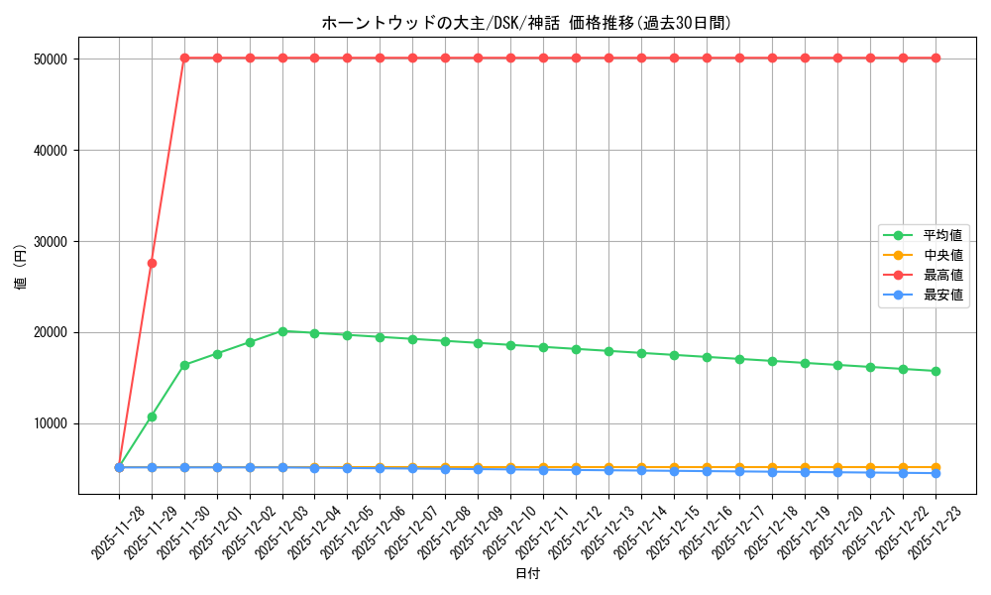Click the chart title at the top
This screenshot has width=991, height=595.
(526, 23)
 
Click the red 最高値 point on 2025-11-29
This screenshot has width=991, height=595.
(152, 263)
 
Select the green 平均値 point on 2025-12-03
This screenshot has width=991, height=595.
(282, 331)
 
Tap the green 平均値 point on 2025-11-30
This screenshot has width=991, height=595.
(184, 365)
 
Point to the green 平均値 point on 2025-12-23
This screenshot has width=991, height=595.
(936, 371)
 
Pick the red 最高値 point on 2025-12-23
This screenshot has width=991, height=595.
(936, 59)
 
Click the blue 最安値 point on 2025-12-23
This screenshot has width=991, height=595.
(936, 473)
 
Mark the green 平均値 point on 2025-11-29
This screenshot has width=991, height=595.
(152, 416)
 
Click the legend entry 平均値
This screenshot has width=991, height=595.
(942, 236)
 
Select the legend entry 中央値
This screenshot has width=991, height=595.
(942, 256)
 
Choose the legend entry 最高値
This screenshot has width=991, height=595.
(942, 276)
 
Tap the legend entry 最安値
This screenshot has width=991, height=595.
(942, 296)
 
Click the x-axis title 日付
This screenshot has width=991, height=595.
(527, 574)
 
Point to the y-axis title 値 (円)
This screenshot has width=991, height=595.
(21, 268)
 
